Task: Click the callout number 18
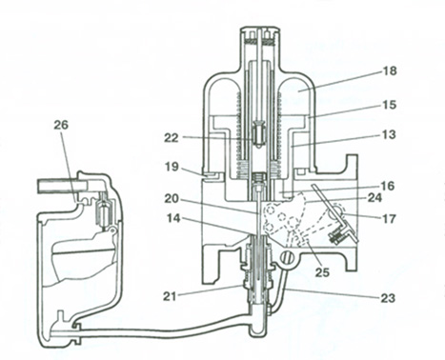tap(389, 70)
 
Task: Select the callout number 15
tap(389, 105)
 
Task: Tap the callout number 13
tap(389, 134)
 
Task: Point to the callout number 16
tap(387, 186)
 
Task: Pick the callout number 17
tap(389, 218)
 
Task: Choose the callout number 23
tap(387, 298)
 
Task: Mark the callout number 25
tap(322, 272)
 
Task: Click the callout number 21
tap(171, 296)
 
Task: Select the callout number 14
tap(172, 218)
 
